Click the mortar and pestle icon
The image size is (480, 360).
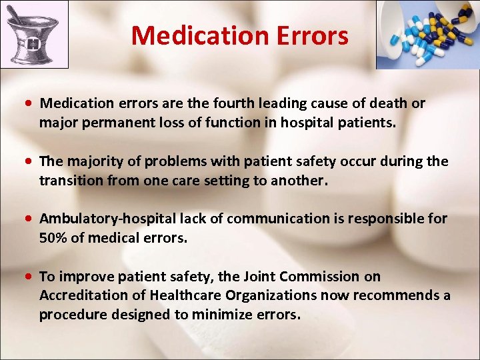[x=34, y=35]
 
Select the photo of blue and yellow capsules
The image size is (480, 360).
[x=427, y=35]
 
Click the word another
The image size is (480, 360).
[x=297, y=181]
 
